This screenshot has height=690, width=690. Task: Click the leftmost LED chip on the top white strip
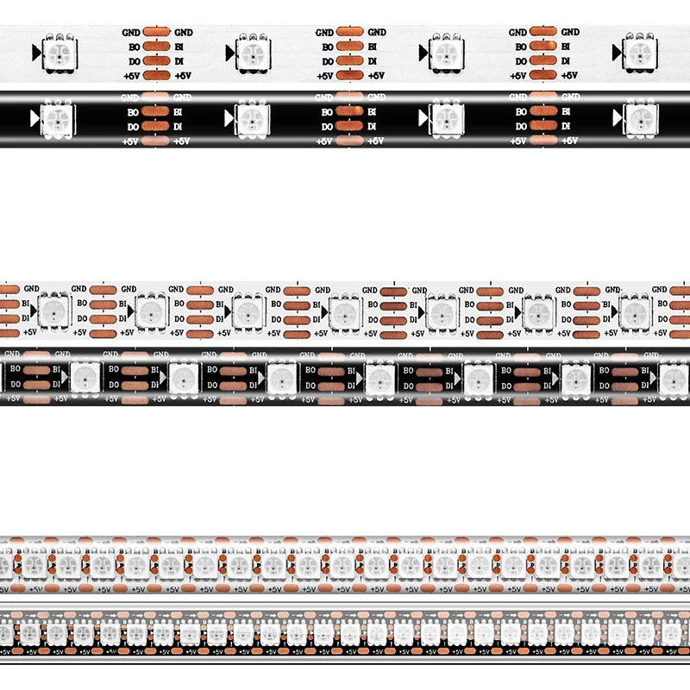coord(61,54)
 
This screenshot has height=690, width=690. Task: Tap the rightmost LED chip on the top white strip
coord(642,53)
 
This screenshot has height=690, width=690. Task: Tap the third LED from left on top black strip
coord(447,117)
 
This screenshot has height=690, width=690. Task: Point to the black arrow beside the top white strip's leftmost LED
coord(35,54)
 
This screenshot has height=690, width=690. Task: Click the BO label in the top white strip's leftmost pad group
coord(134,47)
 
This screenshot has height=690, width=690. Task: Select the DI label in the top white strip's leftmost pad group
coord(182,61)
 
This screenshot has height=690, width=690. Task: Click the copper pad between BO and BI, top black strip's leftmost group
coord(156,112)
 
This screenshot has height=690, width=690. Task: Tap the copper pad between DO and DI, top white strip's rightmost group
coord(543,61)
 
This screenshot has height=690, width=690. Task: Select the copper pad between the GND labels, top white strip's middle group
coord(349,32)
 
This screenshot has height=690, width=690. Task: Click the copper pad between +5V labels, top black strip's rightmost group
coord(543,141)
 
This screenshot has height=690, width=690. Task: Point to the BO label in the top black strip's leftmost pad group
coord(134,112)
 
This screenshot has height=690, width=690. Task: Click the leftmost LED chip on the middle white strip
coord(55,310)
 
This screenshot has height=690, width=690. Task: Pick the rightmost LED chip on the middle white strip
coord(635,310)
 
